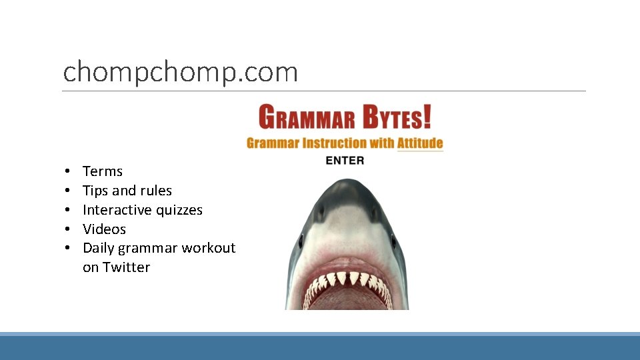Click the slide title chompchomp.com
[x=180, y=72]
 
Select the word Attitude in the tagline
[x=420, y=143]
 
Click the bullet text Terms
[x=103, y=171]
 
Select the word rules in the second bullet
[x=156, y=191]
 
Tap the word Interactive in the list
[x=109, y=210]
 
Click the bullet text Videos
[x=104, y=229]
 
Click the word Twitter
[x=126, y=267]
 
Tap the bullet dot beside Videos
[x=69, y=229]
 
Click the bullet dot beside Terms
[x=69, y=171]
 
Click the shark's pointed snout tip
[x=347, y=181]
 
